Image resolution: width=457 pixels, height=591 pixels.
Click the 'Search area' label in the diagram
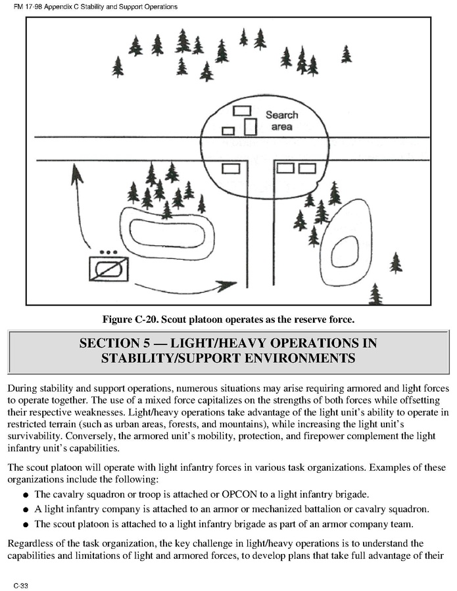(x=281, y=120)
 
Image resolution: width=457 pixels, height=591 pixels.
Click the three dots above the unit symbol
(x=108, y=252)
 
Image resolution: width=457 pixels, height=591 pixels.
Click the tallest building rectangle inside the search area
(x=250, y=126)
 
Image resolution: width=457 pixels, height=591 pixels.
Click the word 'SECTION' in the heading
(x=108, y=343)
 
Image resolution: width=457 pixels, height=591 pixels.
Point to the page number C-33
(x=19, y=584)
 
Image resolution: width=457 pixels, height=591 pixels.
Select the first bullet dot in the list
(x=26, y=495)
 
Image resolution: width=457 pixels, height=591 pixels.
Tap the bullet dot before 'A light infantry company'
(x=26, y=510)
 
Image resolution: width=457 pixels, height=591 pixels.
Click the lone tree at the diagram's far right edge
(x=395, y=263)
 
